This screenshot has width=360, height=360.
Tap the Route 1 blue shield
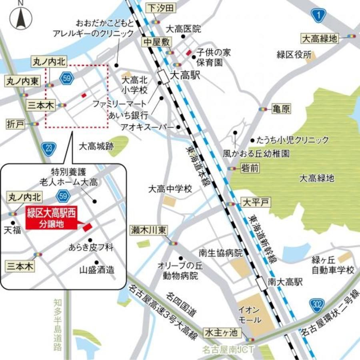point(319,15)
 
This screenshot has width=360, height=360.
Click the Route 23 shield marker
point(48,147)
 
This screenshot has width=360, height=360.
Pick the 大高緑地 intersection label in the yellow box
point(320,38)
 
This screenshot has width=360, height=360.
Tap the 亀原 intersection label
point(281,109)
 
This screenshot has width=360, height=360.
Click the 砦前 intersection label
point(250,168)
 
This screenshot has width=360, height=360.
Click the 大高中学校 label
point(170,188)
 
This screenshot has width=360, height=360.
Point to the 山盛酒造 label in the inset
point(98,270)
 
